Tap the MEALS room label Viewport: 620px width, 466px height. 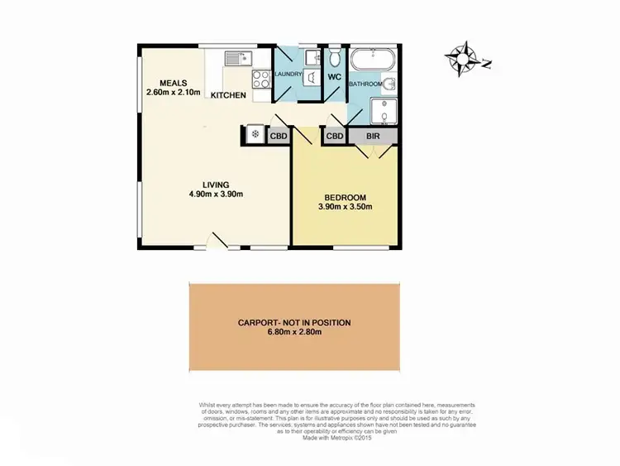pos(174,84)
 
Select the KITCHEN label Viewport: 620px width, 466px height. pos(228,96)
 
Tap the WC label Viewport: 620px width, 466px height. pos(334,77)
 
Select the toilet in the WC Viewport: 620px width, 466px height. pos(334,58)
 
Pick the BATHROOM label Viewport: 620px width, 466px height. pos(365,84)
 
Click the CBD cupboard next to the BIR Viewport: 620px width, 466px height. pos(334,136)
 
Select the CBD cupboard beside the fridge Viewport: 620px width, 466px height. pos(279,136)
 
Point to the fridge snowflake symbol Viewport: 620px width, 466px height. pos(255,134)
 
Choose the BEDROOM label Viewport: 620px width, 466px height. pos(346,197)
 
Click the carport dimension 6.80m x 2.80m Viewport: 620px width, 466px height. pos(294,333)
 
